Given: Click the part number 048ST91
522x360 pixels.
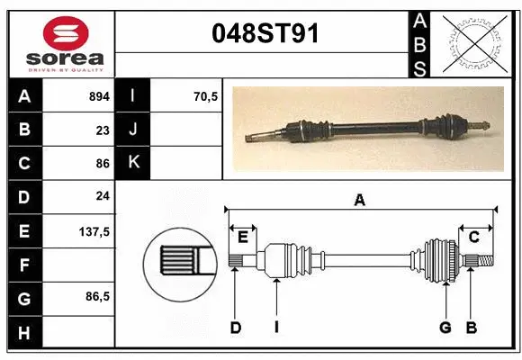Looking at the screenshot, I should (264, 33).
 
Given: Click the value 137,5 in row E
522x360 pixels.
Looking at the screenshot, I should (94, 231).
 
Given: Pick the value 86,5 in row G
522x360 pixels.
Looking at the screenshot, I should (97, 296).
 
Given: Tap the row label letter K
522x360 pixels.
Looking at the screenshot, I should (132, 163).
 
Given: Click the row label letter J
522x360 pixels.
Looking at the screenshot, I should (132, 129).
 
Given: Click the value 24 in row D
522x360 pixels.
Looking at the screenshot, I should (103, 196).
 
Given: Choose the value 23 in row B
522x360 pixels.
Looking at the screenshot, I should (103, 129).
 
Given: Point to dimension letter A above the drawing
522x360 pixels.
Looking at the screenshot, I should (360, 201).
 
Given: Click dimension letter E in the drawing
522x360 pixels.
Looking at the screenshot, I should (242, 237).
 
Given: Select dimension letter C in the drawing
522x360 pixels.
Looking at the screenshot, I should (473, 237).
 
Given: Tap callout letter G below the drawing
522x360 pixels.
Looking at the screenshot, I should (445, 328).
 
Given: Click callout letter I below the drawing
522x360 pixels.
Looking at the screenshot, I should (275, 328).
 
